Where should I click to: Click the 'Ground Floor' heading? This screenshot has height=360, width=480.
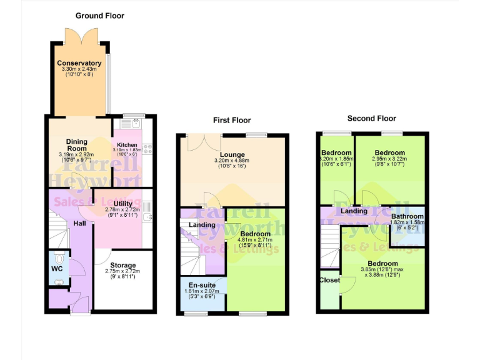pos(100,15)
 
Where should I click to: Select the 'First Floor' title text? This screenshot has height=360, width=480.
pos(231,120)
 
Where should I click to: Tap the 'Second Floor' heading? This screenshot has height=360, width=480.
pos(371,118)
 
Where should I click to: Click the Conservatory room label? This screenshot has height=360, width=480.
pos(79,63)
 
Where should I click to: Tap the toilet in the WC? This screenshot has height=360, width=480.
pos(58,258)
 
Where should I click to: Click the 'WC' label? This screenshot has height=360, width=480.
pos(57,270)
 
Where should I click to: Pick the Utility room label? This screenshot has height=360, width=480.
pos(123,204)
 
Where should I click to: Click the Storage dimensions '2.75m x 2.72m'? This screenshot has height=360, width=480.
pos(122,271)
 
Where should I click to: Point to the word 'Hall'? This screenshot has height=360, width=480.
pos(79,223)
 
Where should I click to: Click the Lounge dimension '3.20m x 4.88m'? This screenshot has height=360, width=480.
pos(232,161)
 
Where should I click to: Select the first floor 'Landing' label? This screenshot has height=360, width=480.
pos(202,225)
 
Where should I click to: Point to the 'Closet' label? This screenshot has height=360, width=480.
pos(329,280)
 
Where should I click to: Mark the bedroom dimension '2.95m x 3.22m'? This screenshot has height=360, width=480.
pos(389,159)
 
